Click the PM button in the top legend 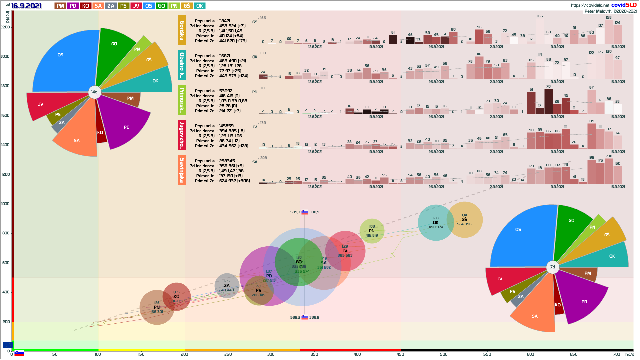coord(60,6)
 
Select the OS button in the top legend coord(149,6)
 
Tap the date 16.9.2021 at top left coord(26,6)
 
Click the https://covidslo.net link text coord(590,5)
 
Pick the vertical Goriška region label coord(182,30)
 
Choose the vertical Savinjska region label coord(182,170)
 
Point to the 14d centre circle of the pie coord(95,92)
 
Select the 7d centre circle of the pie coord(553,267)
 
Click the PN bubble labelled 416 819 coord(372,231)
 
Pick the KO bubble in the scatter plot coord(177,296)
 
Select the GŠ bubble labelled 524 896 coord(465,220)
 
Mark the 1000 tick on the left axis coord(5,204)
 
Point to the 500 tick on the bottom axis coord(444,354)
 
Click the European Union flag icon coord(8,345)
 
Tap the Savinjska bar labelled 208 coord(609,171)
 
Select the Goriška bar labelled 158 coord(609,32)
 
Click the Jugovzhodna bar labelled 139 coord(592,136)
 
